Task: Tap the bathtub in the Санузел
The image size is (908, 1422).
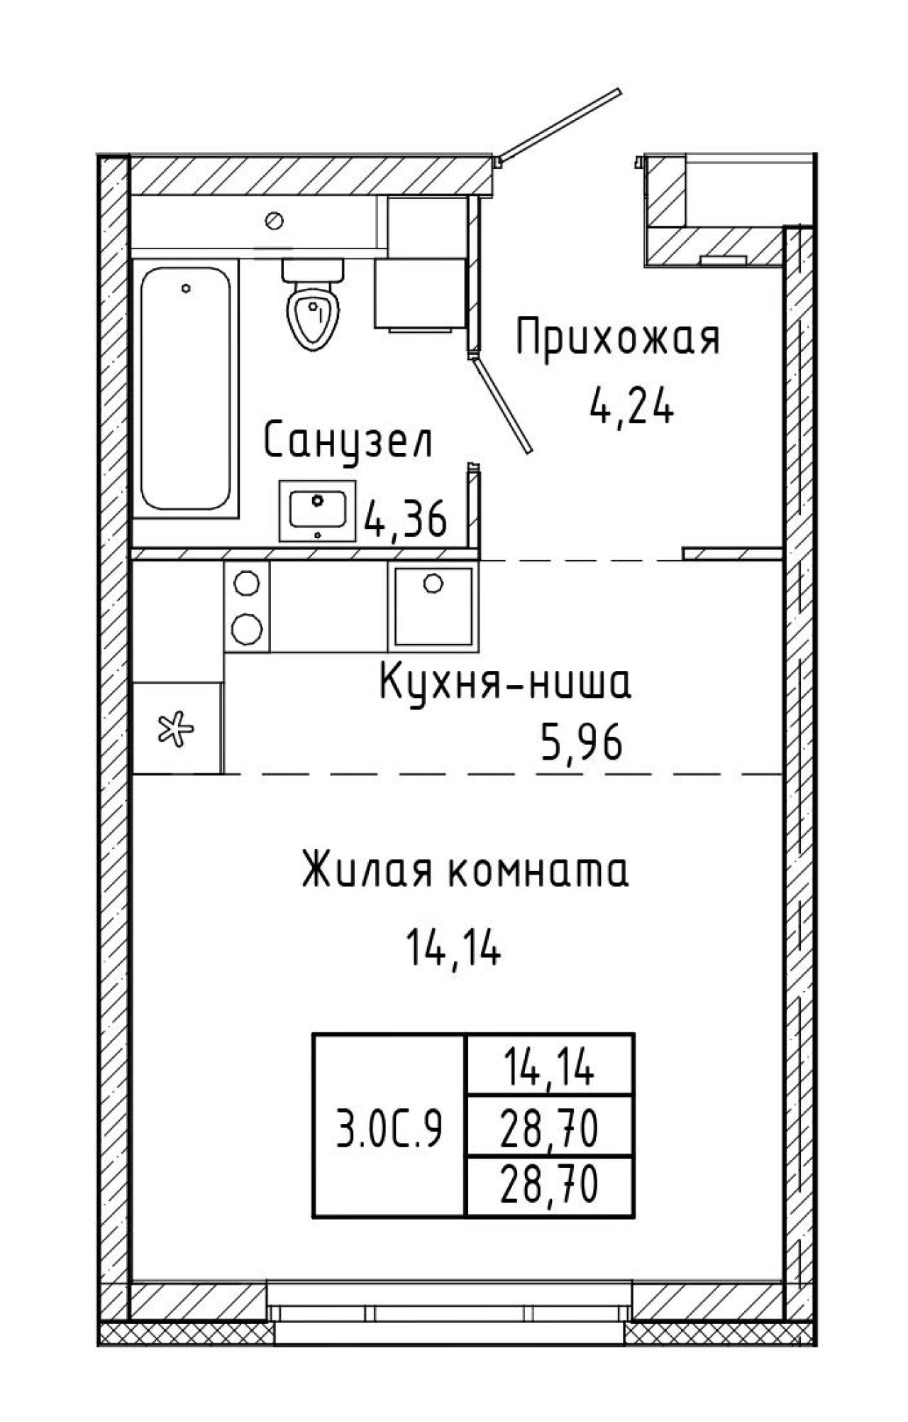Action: [186, 388]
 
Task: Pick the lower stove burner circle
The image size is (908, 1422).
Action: [247, 628]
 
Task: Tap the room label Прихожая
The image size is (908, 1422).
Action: [617, 339]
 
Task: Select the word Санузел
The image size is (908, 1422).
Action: [348, 444]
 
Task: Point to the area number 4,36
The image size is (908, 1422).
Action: [405, 519]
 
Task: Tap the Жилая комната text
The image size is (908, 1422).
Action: [465, 871]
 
